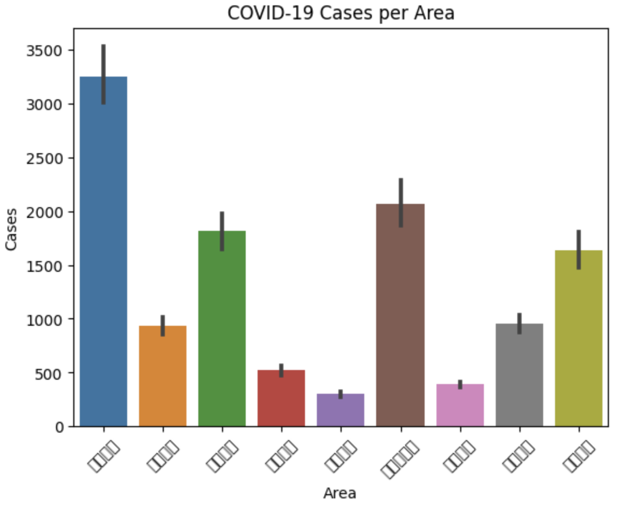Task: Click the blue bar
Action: coord(103,253)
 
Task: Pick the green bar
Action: coord(222,329)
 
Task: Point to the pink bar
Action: coord(460,405)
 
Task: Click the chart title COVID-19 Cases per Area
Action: coord(341,13)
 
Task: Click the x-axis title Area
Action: coord(340,492)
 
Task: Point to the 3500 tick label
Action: coord(45,51)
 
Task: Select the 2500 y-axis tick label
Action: coord(45,158)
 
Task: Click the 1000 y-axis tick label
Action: coord(45,319)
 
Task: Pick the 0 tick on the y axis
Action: coord(59,427)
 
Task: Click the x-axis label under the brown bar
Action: coord(400,458)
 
